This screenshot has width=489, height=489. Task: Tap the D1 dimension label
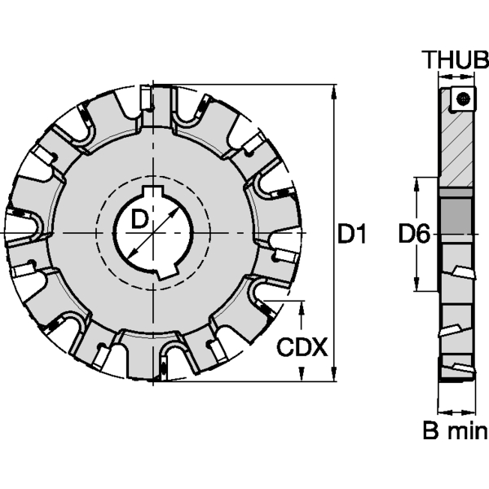pyautogui.click(x=352, y=234)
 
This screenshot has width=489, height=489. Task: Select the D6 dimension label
pyautogui.click(x=415, y=234)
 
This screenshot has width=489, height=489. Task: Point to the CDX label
pyautogui.click(x=302, y=347)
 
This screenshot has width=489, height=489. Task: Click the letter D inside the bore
pyautogui.click(x=139, y=218)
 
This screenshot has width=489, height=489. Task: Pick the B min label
pyautogui.click(x=456, y=430)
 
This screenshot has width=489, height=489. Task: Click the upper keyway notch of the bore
pyautogui.click(x=153, y=191)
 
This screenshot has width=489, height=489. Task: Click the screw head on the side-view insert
pyautogui.click(x=463, y=99)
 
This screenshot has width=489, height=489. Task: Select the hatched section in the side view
pyautogui.click(x=456, y=150)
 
